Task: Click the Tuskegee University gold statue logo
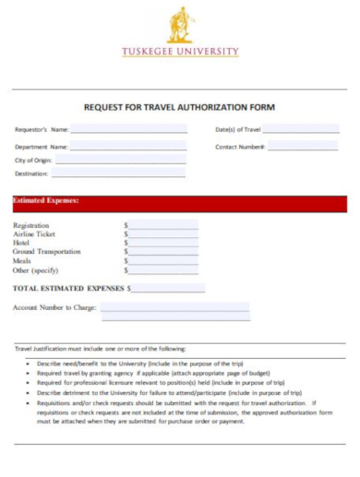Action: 180,25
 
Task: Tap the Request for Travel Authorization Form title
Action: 180,107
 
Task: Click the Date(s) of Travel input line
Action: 300,131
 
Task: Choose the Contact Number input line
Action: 303,148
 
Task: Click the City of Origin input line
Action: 119,161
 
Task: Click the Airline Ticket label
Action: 34,234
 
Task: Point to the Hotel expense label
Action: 22,243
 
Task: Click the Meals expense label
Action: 22,261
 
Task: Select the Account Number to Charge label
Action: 54,307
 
